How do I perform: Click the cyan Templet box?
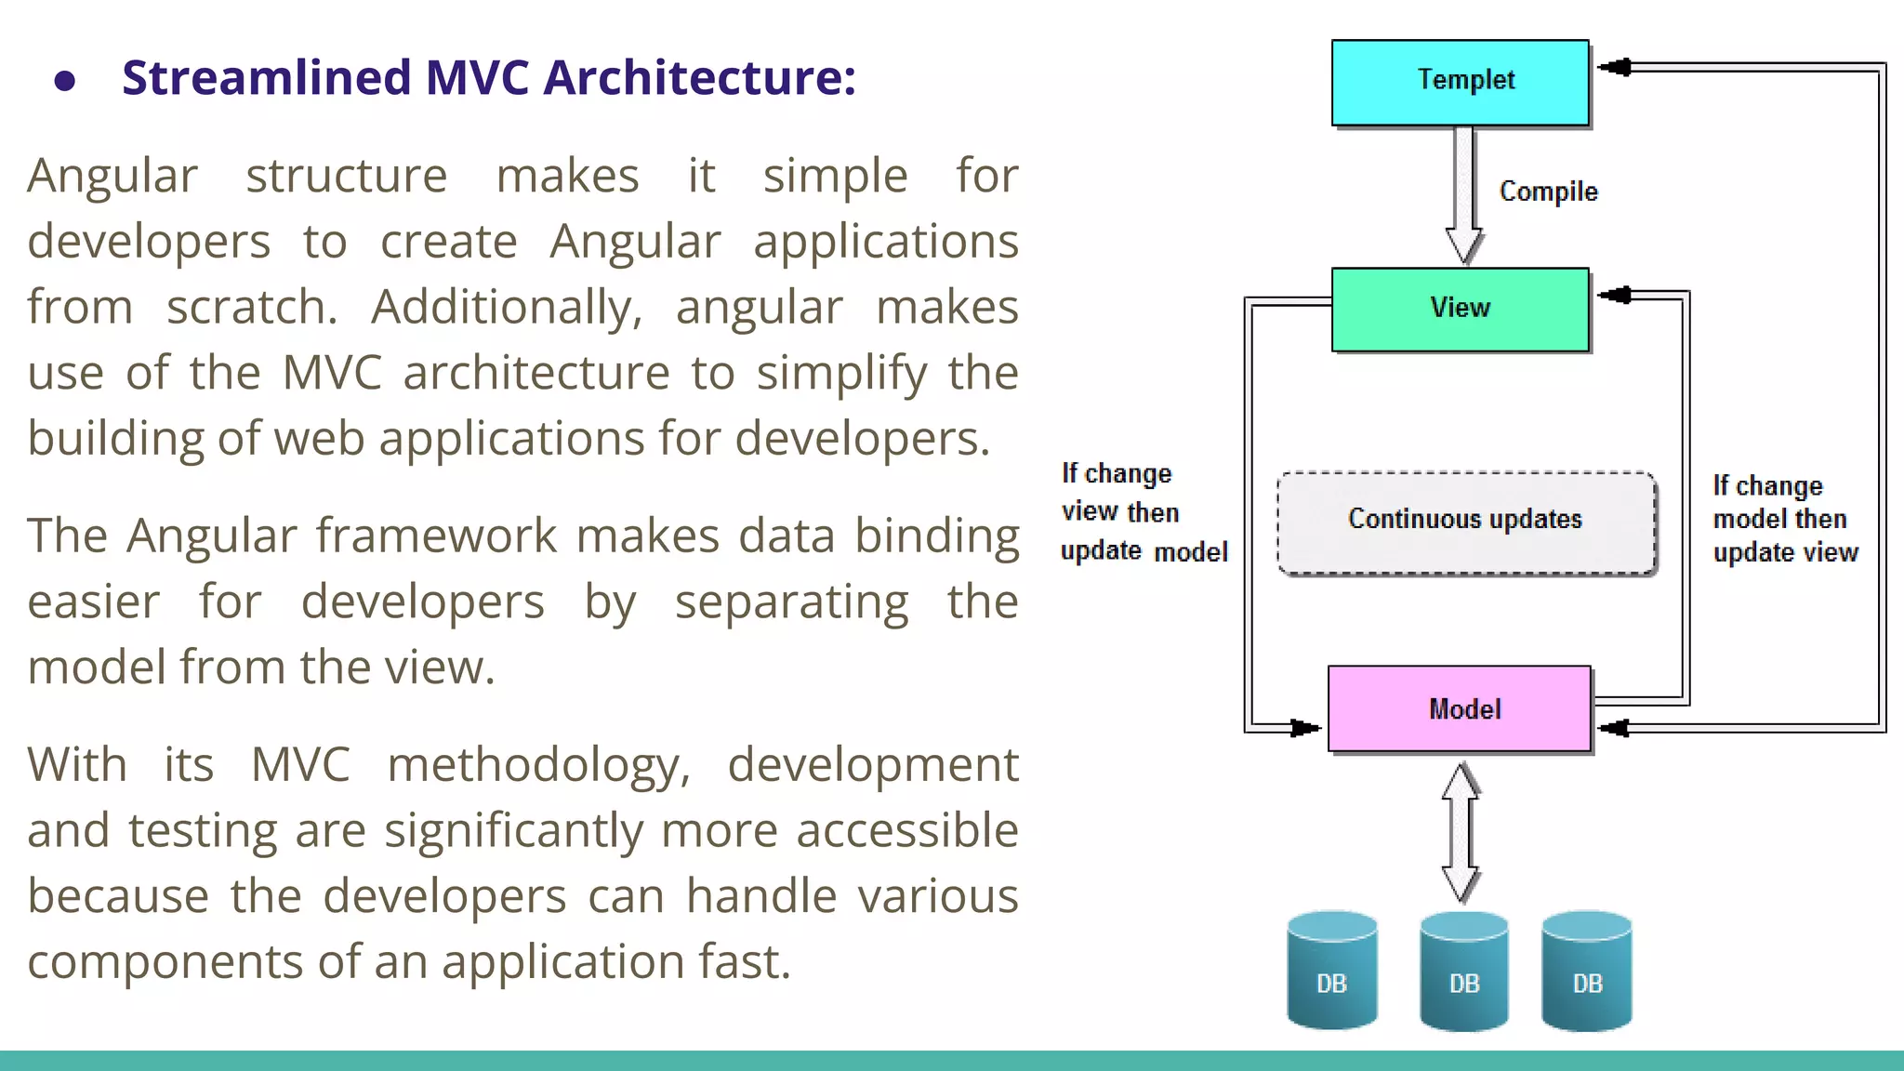click(1460, 82)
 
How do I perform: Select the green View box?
click(1460, 309)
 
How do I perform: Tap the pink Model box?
click(1460, 708)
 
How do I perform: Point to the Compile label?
click(1548, 192)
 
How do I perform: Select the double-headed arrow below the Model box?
click(1461, 832)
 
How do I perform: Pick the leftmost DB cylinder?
click(1331, 972)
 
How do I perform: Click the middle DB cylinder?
click(1464, 972)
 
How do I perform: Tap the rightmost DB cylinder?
click(1587, 972)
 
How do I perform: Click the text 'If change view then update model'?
click(1144, 512)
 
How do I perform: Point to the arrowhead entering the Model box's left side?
click(1305, 728)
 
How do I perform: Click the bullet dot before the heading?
click(64, 81)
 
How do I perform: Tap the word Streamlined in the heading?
click(266, 77)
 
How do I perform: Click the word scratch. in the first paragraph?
click(252, 308)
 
